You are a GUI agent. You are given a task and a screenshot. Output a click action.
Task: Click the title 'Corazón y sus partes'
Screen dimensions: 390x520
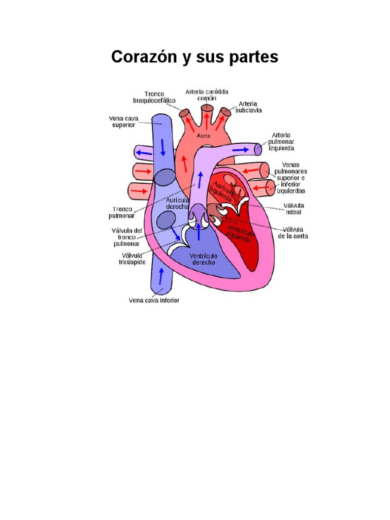pos(194,57)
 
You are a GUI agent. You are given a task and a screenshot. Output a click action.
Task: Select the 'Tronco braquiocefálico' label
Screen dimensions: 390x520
pos(154,97)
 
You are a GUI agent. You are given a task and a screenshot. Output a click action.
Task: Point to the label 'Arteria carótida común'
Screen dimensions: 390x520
pos(207,94)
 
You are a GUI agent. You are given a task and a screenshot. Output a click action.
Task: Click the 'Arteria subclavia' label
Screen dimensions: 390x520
pos(248,107)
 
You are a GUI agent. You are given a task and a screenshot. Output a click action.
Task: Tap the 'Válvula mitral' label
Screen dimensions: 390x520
pos(294,209)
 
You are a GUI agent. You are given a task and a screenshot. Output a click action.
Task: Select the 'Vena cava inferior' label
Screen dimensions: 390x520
pos(154,300)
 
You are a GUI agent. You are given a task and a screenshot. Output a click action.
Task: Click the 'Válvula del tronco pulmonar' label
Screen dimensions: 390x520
pos(127,237)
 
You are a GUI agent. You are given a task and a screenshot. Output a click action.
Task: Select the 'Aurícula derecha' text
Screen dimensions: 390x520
pos(178,203)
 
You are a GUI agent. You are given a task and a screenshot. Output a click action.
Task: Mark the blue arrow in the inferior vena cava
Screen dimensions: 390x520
pos(161,276)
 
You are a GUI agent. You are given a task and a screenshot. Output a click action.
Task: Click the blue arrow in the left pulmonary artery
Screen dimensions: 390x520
pos(245,149)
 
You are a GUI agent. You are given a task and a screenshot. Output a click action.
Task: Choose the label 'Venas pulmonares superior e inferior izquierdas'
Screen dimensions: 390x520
pos(291,178)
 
